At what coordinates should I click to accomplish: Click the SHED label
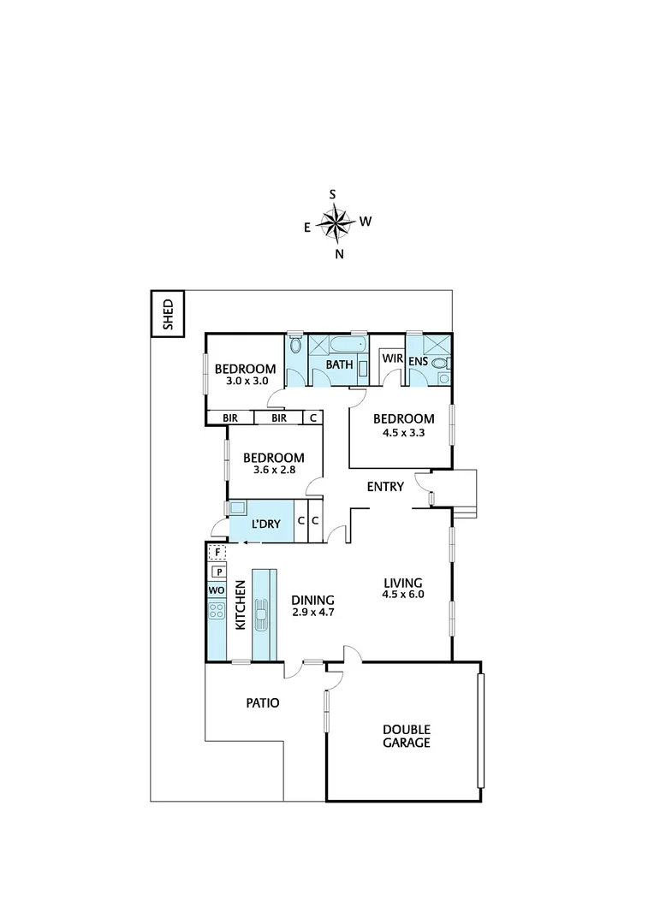(x=168, y=314)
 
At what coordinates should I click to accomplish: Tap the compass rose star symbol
(x=336, y=223)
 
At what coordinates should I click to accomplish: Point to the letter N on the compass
(x=339, y=254)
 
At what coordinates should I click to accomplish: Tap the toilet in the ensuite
(x=442, y=364)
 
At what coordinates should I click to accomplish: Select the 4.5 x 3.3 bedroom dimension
(x=404, y=432)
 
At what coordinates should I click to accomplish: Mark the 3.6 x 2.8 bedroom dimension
(x=273, y=470)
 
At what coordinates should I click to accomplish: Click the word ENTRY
(x=384, y=487)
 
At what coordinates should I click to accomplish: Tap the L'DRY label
(x=265, y=524)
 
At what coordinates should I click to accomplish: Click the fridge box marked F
(x=218, y=552)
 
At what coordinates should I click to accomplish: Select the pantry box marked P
(x=218, y=572)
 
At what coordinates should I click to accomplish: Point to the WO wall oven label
(x=217, y=590)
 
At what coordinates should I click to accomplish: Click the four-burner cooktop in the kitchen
(x=217, y=611)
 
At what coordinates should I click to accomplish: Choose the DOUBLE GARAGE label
(x=407, y=736)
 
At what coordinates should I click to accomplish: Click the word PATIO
(x=262, y=703)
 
